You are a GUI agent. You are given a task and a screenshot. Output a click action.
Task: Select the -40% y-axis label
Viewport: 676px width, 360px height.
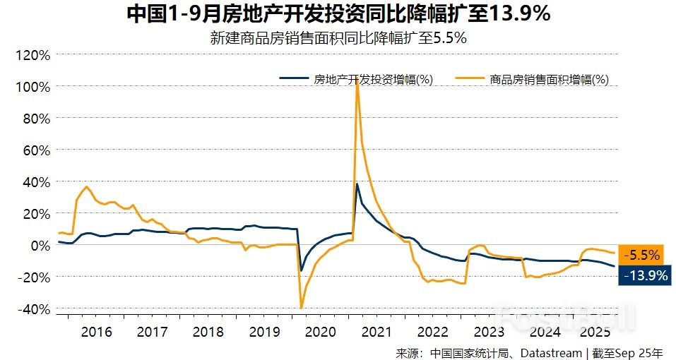click(x=33, y=309)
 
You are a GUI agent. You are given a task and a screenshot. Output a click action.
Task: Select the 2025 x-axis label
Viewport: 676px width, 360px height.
click(x=594, y=332)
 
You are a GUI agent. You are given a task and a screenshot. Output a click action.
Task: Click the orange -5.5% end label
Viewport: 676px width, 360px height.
click(x=643, y=255)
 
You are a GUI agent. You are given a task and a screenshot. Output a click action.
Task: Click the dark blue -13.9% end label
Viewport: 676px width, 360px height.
click(x=643, y=275)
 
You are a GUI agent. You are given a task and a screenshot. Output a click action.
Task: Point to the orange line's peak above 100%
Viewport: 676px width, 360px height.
click(x=357, y=79)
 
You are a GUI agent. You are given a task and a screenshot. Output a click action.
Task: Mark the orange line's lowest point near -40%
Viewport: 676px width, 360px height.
click(x=302, y=308)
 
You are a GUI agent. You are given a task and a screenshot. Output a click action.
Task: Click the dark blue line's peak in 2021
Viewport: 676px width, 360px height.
click(x=357, y=184)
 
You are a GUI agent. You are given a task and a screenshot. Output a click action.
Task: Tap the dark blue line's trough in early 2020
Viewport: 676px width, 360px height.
click(x=302, y=270)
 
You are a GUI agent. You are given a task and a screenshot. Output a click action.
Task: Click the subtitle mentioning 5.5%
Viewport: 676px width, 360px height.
click(x=338, y=38)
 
